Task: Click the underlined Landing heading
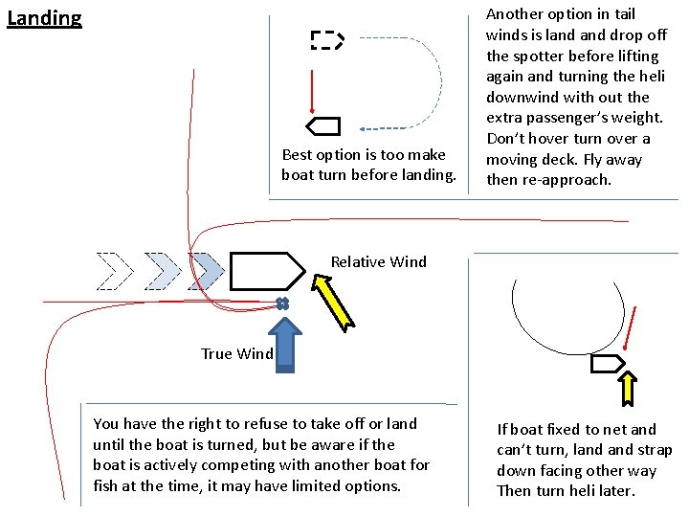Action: (44, 18)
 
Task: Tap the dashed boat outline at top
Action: (326, 39)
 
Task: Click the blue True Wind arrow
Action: (284, 343)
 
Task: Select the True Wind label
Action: (236, 354)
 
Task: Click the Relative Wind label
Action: (379, 261)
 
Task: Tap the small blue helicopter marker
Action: (281, 303)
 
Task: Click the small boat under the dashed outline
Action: (322, 126)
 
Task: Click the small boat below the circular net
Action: (608, 364)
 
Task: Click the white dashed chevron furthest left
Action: (115, 271)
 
